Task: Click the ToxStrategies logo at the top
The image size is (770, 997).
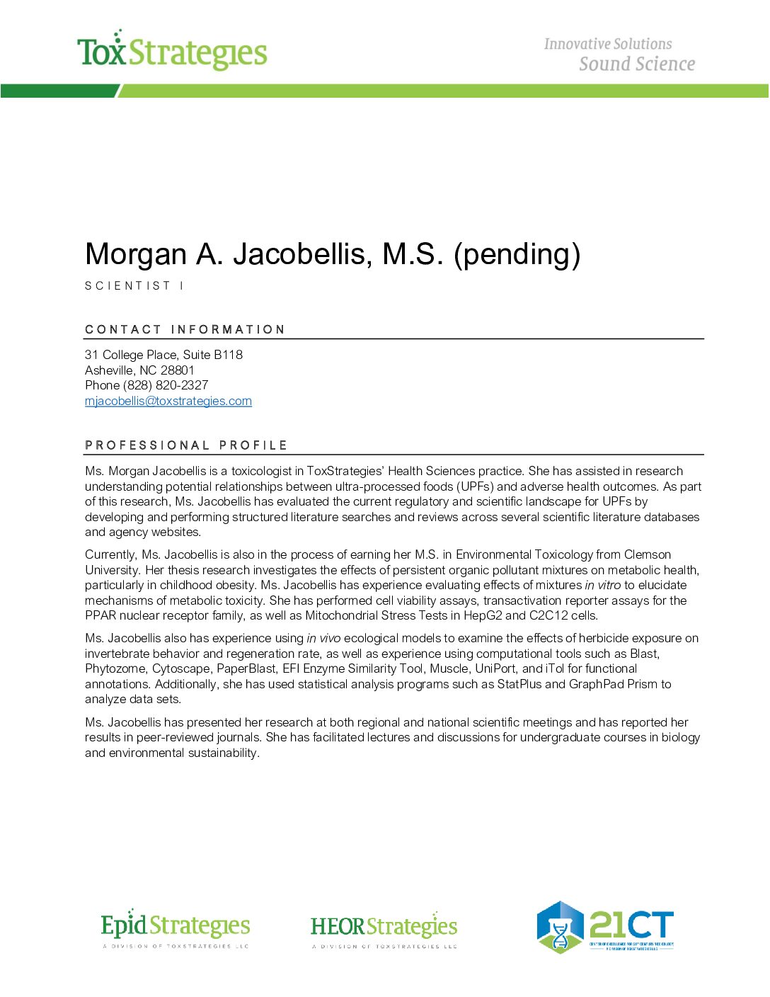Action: (172, 51)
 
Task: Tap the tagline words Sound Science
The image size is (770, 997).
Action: (637, 64)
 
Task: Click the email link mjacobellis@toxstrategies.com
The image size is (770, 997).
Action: (168, 401)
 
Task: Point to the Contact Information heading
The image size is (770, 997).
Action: (185, 329)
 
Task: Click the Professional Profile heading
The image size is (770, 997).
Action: (186, 445)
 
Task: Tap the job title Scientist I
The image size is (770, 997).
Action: (134, 286)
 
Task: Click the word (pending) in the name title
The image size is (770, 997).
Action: (517, 254)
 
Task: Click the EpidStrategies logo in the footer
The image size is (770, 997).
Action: (176, 928)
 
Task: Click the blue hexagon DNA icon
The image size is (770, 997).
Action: (560, 928)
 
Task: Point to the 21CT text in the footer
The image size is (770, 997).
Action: (631, 925)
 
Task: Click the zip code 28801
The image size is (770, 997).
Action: (177, 370)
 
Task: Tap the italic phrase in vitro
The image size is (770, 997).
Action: (602, 585)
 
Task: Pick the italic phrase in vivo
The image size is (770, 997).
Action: (323, 638)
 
